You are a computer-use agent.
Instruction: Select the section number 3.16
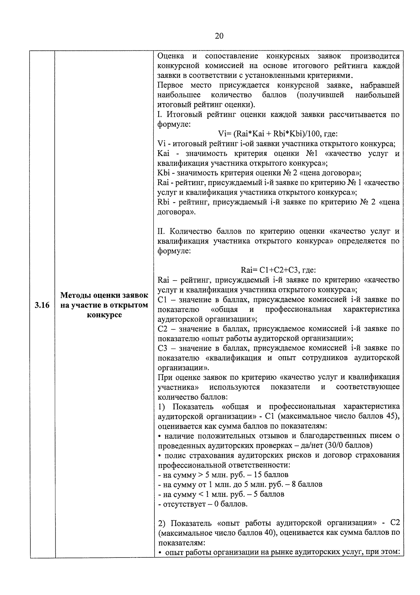click(x=42, y=305)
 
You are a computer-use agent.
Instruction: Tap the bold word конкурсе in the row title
click(x=104, y=315)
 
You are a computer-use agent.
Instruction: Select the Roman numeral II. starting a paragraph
click(x=162, y=231)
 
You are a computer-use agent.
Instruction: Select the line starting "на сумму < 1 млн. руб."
click(x=221, y=494)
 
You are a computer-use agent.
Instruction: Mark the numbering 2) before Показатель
click(x=162, y=523)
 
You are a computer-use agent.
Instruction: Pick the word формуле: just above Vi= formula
click(x=174, y=124)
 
